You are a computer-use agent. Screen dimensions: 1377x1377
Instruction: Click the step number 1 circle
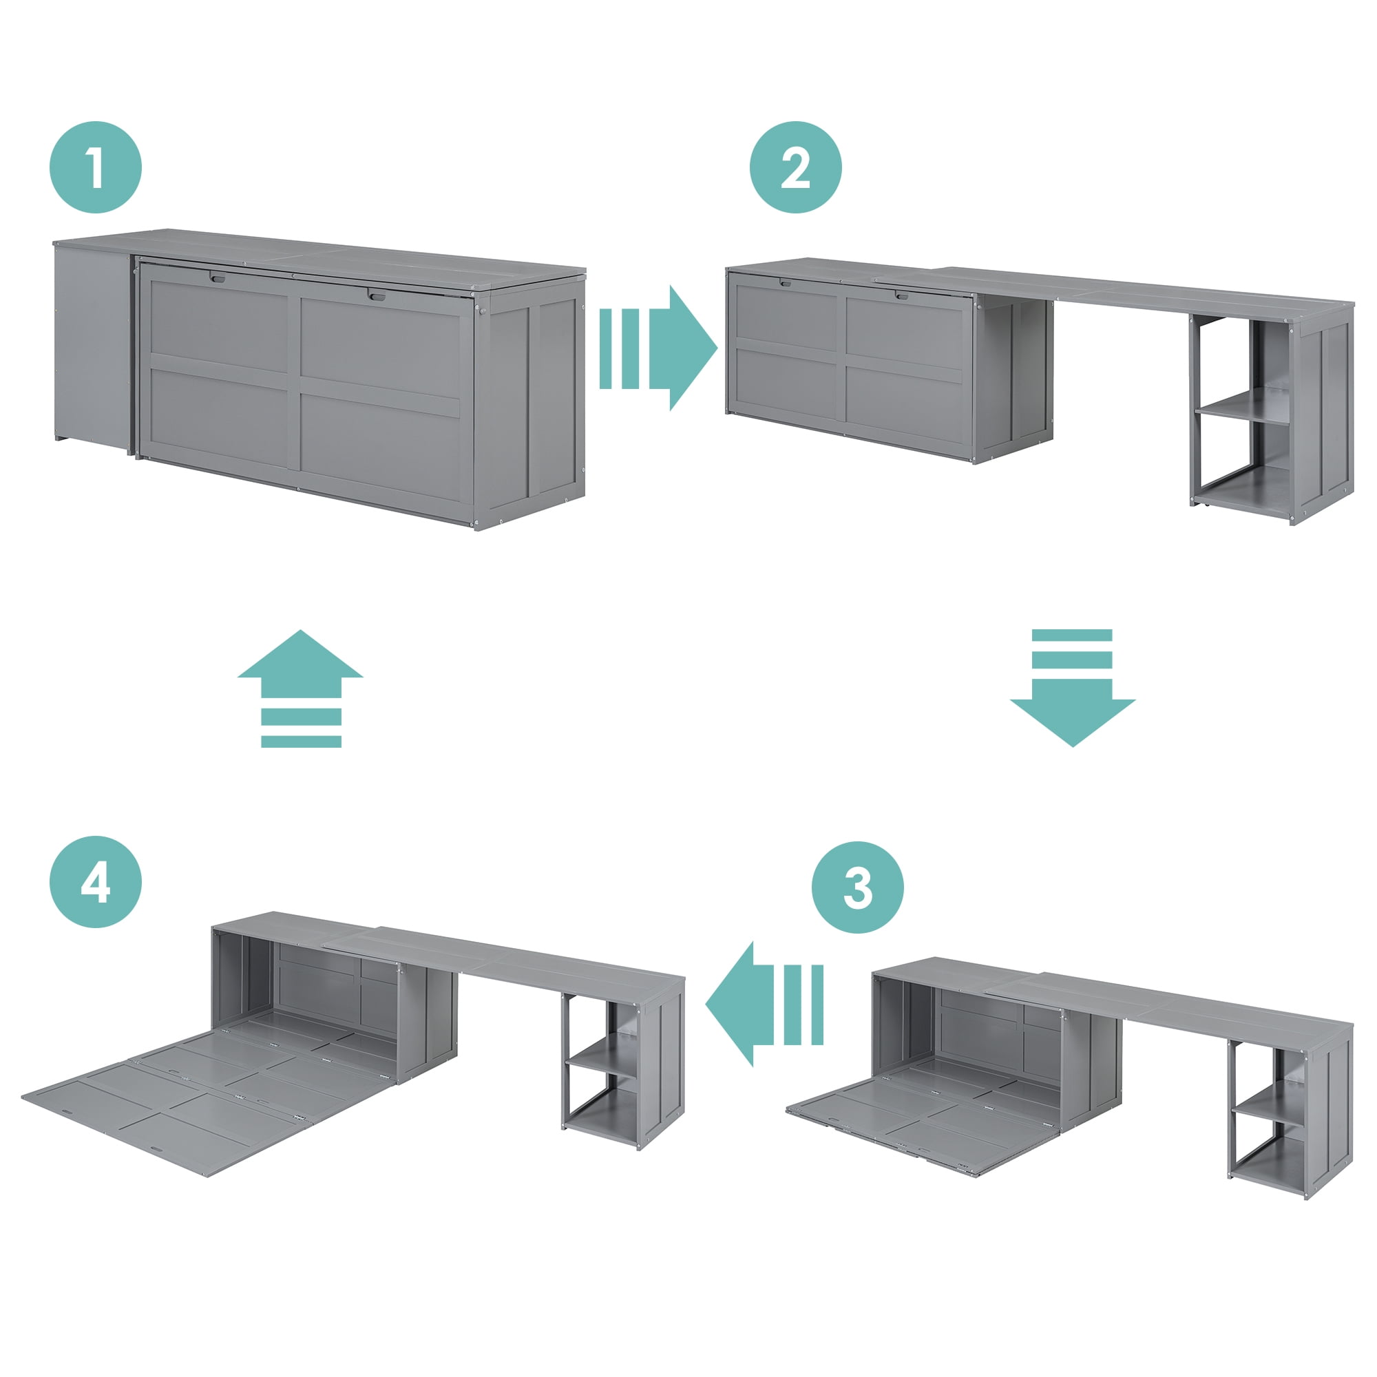tap(96, 167)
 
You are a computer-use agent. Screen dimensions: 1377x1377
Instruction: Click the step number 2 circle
tap(795, 167)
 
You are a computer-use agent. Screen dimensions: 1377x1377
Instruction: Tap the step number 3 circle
tap(857, 887)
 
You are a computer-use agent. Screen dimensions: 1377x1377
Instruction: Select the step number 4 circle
tap(96, 882)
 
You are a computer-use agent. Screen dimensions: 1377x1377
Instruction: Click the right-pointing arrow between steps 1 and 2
tap(658, 348)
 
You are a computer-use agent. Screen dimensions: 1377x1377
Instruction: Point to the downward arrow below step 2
tap(1072, 688)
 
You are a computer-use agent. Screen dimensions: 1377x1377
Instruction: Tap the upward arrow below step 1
tap(300, 688)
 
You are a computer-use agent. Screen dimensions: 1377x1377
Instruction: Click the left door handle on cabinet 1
tap(218, 277)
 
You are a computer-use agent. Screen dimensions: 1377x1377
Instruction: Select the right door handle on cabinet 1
tap(377, 295)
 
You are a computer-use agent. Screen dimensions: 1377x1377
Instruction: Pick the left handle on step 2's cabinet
tap(786, 283)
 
